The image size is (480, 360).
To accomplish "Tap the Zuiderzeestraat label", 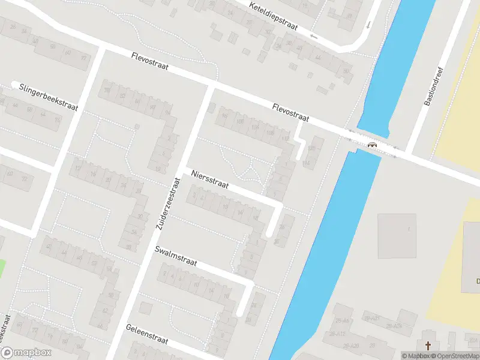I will click(168, 204).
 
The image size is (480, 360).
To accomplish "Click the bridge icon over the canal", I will click(372, 144).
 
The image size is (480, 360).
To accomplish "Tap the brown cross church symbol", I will click(428, 345).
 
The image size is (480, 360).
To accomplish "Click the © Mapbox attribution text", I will click(416, 356).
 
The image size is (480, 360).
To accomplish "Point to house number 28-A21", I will click(371, 317).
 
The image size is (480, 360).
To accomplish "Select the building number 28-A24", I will click(393, 326).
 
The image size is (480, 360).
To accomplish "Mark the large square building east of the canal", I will click(397, 233).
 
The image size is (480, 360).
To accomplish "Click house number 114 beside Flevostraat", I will click(307, 163).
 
